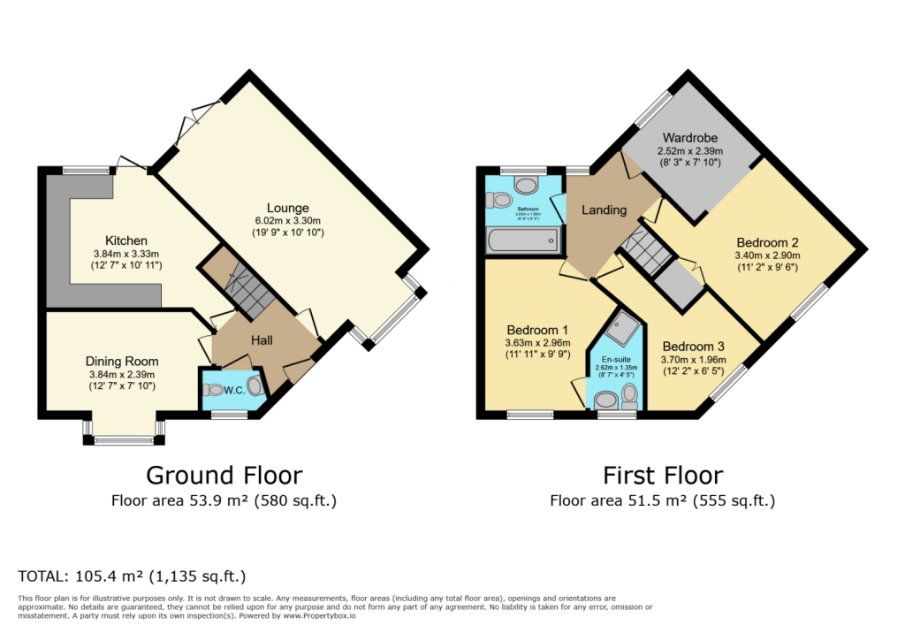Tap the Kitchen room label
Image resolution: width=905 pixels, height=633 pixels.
click(x=126, y=240)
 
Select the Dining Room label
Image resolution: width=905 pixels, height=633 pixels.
click(x=122, y=361)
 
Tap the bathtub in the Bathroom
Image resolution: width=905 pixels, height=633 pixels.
click(x=521, y=240)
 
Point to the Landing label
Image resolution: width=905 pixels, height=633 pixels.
click(x=604, y=210)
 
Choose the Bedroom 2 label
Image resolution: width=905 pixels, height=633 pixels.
click(x=768, y=241)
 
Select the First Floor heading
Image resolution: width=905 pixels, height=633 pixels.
click(x=662, y=476)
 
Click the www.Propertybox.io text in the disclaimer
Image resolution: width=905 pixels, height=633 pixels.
click(x=319, y=615)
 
